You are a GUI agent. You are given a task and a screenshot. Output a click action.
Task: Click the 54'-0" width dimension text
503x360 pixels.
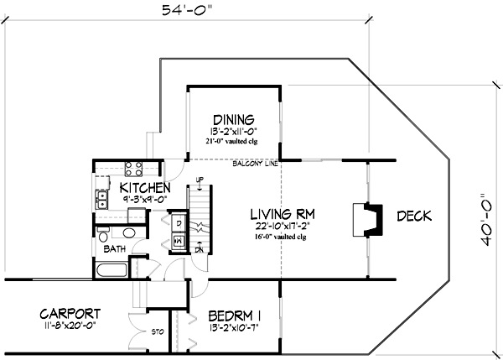[x=187, y=11]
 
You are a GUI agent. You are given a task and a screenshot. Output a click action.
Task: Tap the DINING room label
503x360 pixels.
[x=233, y=119]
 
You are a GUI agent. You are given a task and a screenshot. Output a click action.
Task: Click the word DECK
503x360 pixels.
[x=414, y=217]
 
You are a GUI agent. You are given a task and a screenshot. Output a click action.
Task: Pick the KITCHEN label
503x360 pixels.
[x=146, y=187]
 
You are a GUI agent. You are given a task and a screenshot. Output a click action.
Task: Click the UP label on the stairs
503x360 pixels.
[x=200, y=180]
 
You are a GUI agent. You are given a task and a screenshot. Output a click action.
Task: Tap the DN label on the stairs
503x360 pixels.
[x=200, y=249]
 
